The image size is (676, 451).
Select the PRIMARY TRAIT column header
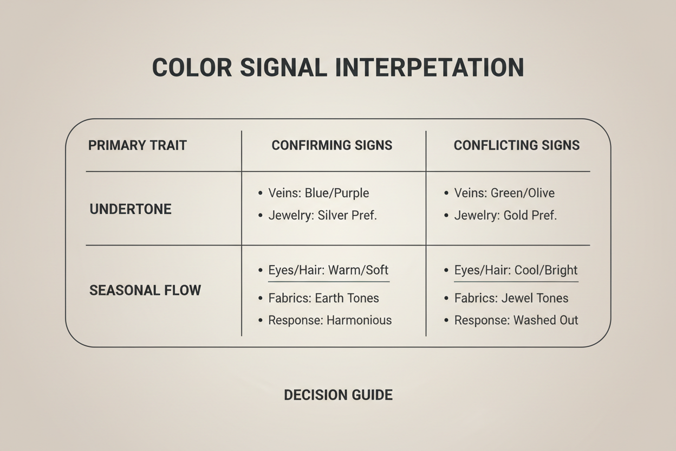(x=138, y=145)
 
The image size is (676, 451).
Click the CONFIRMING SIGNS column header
(x=332, y=145)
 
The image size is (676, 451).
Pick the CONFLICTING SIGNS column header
(x=517, y=145)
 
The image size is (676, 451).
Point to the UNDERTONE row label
(x=131, y=209)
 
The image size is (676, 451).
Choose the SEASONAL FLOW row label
(x=145, y=290)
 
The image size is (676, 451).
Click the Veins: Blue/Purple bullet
(x=318, y=193)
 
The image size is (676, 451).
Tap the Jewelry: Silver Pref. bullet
(x=322, y=215)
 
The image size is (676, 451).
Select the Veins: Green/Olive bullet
(x=504, y=193)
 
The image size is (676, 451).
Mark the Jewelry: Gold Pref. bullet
(x=505, y=215)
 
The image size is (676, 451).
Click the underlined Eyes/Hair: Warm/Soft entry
(x=328, y=270)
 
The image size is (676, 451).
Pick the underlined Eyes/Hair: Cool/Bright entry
(x=516, y=270)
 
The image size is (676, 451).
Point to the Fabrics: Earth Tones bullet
(x=323, y=298)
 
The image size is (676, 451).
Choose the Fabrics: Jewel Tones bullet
(x=511, y=298)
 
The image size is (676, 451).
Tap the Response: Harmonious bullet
(x=330, y=320)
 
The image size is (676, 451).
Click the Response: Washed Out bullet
(x=516, y=320)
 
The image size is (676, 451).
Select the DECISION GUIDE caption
(x=338, y=395)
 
